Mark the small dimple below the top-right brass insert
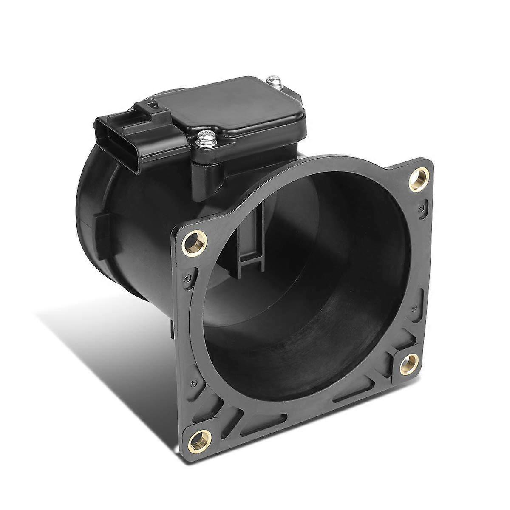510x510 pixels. click(x=421, y=217)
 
